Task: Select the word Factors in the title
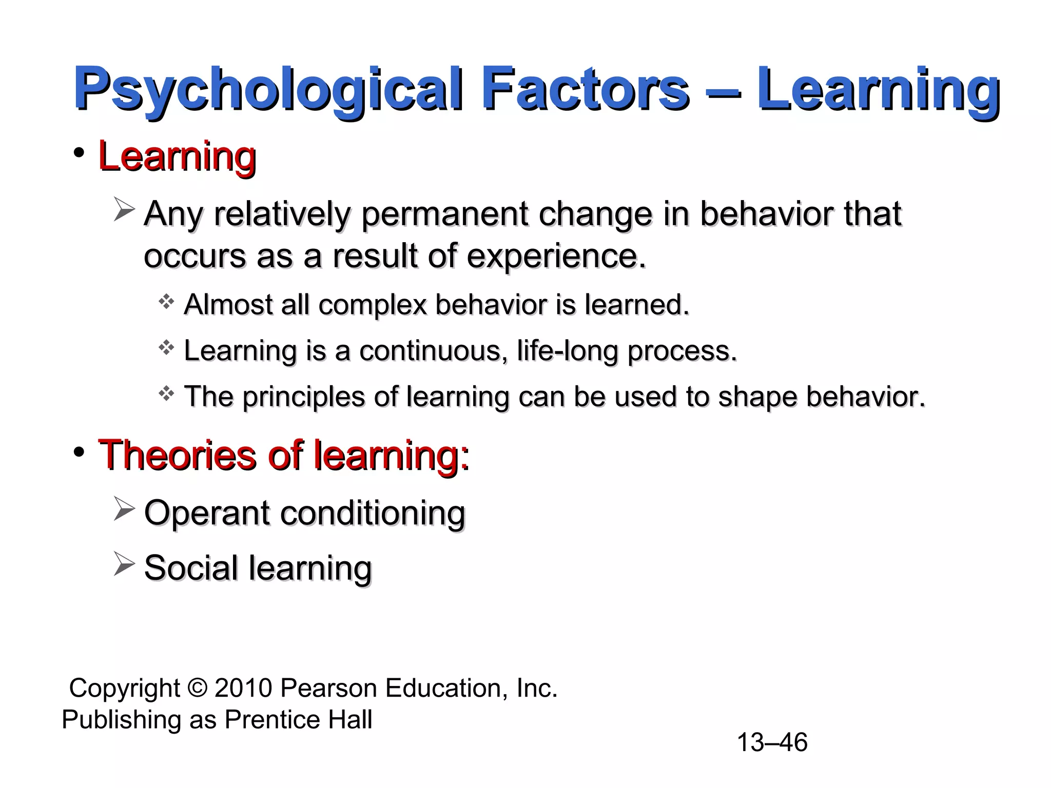[585, 88]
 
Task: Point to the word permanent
[444, 214]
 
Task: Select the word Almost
[228, 305]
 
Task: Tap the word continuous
[434, 351]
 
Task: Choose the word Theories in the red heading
[177, 455]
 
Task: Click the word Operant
[206, 513]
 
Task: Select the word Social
[191, 568]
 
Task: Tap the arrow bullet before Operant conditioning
[124, 509]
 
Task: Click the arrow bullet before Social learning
[124, 564]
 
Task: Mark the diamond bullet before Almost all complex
[166, 302]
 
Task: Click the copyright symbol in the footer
[197, 688]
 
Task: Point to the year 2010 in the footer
[243, 688]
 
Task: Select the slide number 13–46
[772, 742]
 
